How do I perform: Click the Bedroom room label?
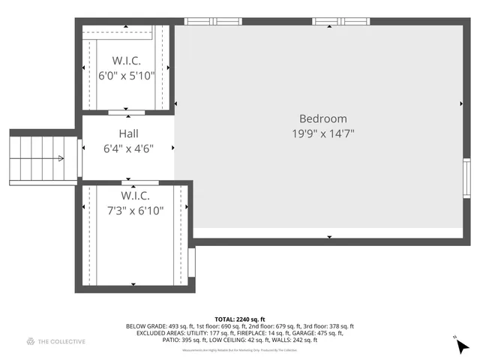click(x=323, y=118)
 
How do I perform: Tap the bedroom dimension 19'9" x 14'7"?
click(x=323, y=133)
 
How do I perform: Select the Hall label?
click(x=127, y=134)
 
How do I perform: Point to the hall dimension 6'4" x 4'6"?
click(x=127, y=148)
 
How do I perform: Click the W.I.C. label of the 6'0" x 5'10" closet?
click(x=127, y=60)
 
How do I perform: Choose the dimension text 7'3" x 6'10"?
click(x=135, y=211)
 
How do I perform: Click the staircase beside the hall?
click(x=35, y=157)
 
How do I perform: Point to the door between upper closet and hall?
click(x=127, y=112)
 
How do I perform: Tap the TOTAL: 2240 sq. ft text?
click(x=240, y=319)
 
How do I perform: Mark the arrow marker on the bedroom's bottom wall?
click(x=329, y=237)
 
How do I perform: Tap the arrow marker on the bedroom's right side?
click(x=460, y=103)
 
